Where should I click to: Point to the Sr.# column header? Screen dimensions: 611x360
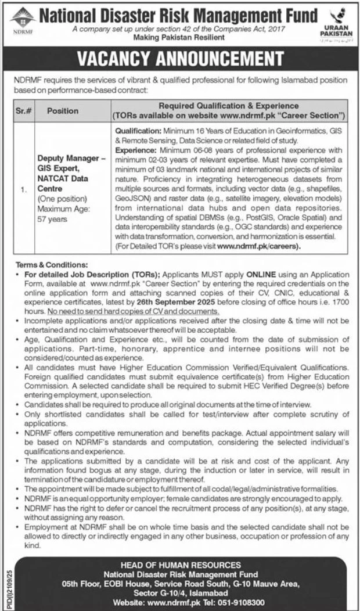24,110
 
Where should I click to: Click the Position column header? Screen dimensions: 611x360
63,110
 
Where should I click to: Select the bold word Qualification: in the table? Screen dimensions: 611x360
138,132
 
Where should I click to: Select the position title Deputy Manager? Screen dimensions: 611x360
63,157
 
